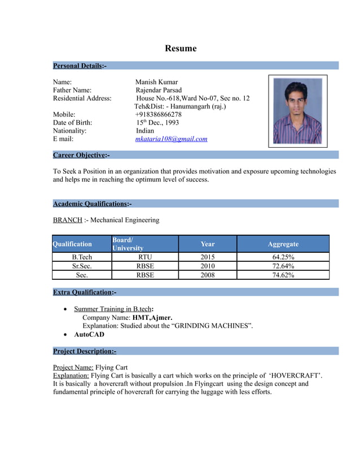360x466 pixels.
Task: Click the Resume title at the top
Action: (181, 49)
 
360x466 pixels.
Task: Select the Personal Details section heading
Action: (80, 66)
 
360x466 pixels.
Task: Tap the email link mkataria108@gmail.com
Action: (172, 139)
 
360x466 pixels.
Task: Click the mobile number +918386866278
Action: (159, 114)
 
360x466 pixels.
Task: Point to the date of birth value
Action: (157, 122)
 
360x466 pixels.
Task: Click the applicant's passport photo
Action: (297, 111)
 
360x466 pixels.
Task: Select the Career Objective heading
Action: (81, 155)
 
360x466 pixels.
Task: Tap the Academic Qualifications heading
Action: (92, 204)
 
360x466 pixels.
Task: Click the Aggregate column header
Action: (283, 244)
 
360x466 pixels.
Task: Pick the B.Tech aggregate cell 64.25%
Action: (283, 257)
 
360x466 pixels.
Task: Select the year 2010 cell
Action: (208, 266)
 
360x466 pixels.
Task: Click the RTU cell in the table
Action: (145, 257)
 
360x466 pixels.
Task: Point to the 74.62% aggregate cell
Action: (283, 275)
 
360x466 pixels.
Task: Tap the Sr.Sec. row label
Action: (82, 266)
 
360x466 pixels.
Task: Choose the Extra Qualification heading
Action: (85, 292)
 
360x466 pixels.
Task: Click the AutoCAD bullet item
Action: (89, 335)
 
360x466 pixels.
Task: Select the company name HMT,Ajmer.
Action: (152, 318)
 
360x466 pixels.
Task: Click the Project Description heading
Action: (85, 351)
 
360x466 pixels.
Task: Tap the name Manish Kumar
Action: (157, 82)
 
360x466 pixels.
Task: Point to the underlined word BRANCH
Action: (67, 220)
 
